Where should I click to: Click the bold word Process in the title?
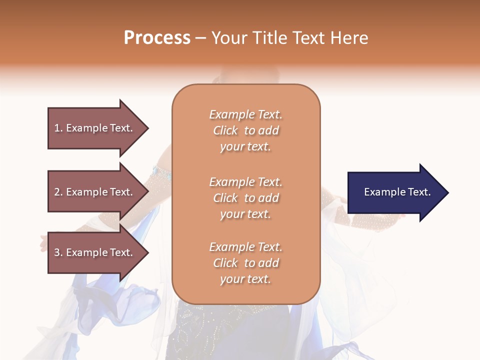[x=157, y=38]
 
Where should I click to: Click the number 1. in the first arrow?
[x=58, y=128]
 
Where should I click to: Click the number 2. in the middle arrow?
[x=58, y=192]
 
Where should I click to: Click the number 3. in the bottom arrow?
[x=58, y=252]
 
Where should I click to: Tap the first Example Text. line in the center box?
[x=245, y=114]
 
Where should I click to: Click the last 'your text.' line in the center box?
[x=245, y=279]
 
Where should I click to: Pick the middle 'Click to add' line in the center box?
[x=245, y=198]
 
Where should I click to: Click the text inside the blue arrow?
[x=397, y=192]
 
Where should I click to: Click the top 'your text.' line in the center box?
[x=245, y=146]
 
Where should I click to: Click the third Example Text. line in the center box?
[x=245, y=247]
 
